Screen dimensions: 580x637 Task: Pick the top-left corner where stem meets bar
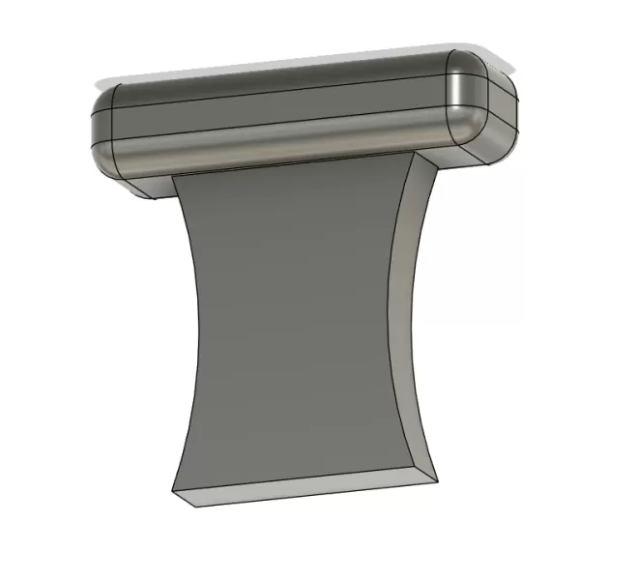click(x=176, y=178)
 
